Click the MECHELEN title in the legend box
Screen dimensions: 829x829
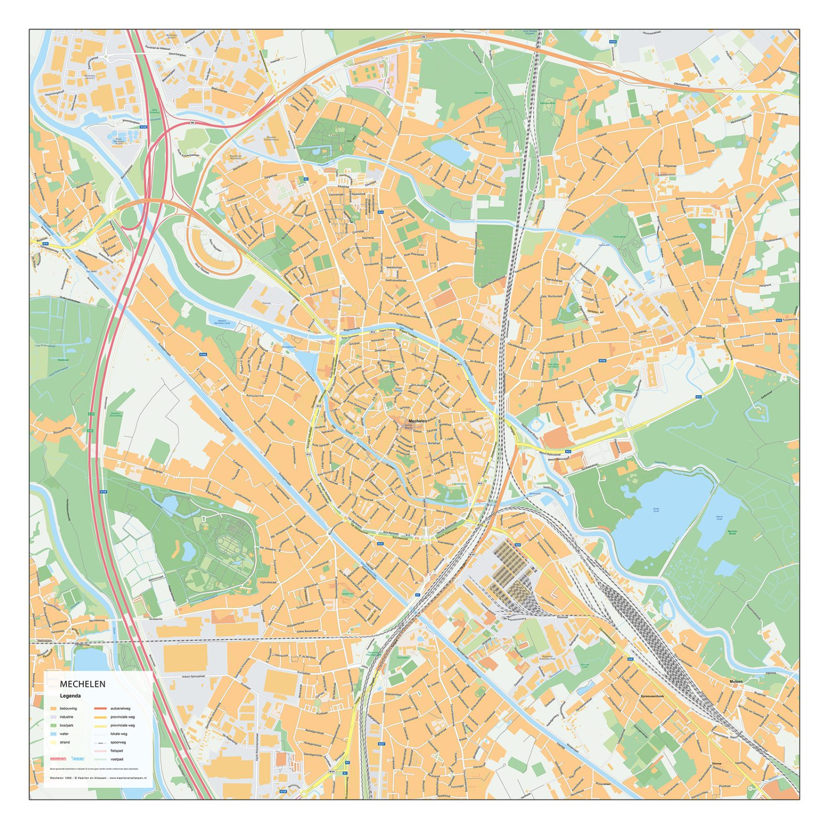[x=82, y=684]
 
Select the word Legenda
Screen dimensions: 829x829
[x=70, y=696]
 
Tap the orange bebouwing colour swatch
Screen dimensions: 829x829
[x=54, y=708]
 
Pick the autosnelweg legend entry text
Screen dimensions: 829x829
[x=120, y=708]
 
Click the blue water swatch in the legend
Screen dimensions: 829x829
[x=54, y=734]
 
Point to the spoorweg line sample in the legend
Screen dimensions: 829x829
[x=101, y=742]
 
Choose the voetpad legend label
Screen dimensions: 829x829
[x=117, y=759]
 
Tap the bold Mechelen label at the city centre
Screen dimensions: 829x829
[x=418, y=421]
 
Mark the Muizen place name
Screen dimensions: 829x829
[x=736, y=681]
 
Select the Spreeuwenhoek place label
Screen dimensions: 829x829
[x=652, y=696]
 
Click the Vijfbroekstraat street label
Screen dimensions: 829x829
[x=268, y=582]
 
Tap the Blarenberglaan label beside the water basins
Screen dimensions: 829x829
[x=131, y=122]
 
